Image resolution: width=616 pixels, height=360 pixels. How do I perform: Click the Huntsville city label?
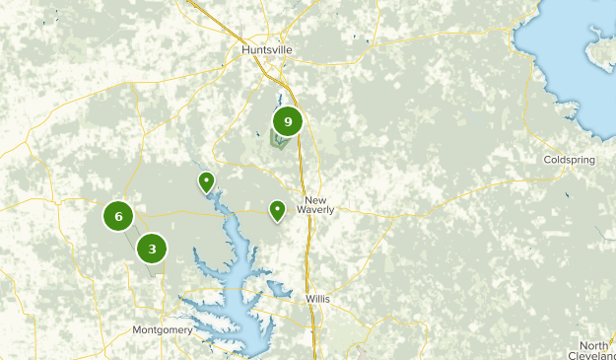coord(268,48)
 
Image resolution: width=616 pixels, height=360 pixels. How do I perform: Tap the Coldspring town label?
coord(567,159)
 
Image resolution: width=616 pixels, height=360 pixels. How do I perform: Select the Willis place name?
coord(317,298)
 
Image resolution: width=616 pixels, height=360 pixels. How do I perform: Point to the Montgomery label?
coord(162,329)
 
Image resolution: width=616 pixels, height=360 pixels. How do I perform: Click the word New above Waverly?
coord(315,198)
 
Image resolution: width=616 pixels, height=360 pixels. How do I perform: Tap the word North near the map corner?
coord(593,345)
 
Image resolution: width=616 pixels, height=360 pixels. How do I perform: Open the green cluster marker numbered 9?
coord(287,122)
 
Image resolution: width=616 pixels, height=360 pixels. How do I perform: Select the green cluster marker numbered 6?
coord(118,216)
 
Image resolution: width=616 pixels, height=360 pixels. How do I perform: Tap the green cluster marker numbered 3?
coord(152,249)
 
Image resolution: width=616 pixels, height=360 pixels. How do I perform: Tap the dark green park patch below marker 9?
coord(279,141)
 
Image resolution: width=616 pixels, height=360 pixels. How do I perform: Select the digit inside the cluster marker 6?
coord(118,216)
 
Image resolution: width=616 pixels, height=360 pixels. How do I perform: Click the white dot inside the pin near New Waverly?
coord(278,207)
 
